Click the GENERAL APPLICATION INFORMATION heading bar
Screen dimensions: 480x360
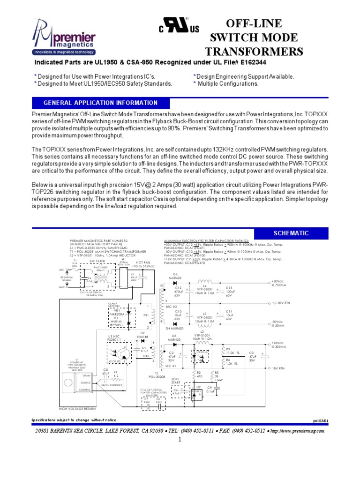coord(100,103)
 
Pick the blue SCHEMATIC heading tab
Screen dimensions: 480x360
coord(291,233)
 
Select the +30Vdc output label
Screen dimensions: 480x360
coord(278,282)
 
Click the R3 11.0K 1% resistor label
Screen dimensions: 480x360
coord(233,351)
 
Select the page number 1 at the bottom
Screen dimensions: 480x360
coord(179,441)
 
